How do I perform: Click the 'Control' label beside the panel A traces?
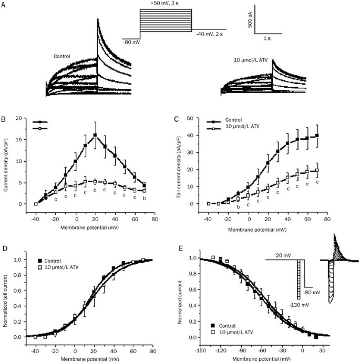coord(62,55)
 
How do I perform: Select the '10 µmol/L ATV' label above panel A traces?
coord(250,60)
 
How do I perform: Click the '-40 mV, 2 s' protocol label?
coord(209,34)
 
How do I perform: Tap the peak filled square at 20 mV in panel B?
coord(95,136)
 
